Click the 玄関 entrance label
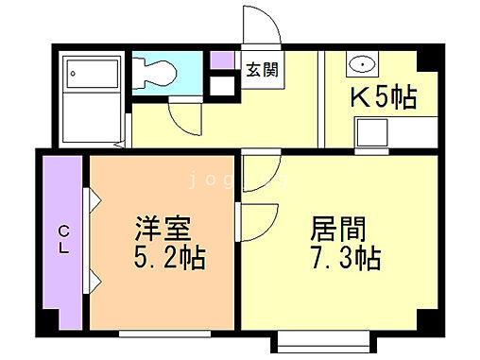pyautogui.click(x=263, y=69)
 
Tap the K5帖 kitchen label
pyautogui.click(x=384, y=96)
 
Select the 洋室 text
pyautogui.click(x=163, y=230)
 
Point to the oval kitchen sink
pyautogui.click(x=361, y=64)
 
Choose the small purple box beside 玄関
pyautogui.click(x=222, y=60)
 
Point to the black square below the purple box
pyautogui.click(x=222, y=85)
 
